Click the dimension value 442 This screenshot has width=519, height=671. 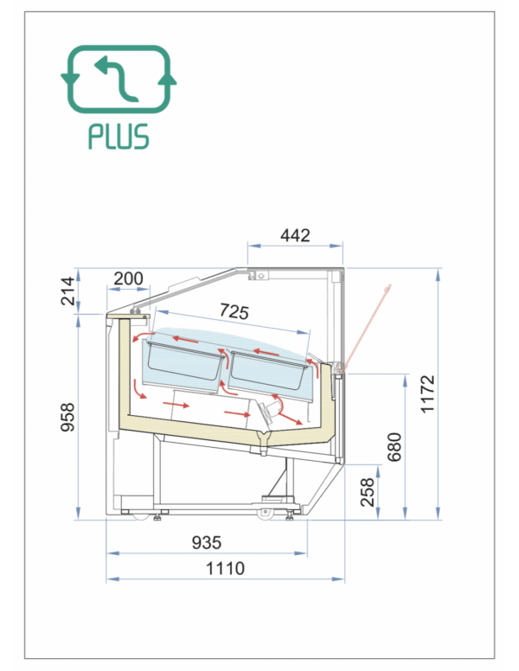295,235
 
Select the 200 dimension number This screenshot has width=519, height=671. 129,278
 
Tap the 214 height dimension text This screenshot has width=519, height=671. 68,291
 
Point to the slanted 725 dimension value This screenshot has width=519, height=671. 234,311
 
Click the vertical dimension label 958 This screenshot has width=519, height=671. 67,417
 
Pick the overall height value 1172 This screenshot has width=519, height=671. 427,394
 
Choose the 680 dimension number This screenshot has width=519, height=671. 394,447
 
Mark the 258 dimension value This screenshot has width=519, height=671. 367,493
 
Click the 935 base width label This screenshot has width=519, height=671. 207,543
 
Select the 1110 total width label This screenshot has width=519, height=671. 225,569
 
